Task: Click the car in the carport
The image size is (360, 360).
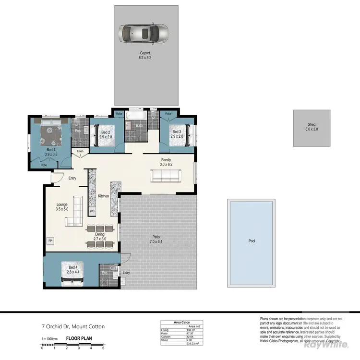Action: [x=144, y=34]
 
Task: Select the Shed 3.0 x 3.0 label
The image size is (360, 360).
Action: [x=312, y=127]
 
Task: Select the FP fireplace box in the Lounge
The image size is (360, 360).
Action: [x=49, y=240]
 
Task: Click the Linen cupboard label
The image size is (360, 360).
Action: [x=80, y=152]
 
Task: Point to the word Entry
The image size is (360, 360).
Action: [x=72, y=179]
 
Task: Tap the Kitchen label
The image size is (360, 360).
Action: [x=104, y=196]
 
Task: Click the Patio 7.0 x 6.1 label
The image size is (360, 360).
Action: [x=156, y=239]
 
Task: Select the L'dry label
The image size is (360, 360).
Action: [x=126, y=273]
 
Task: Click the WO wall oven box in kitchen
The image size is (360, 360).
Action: [x=92, y=210]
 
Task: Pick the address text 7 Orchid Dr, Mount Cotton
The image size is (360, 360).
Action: [x=72, y=326]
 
